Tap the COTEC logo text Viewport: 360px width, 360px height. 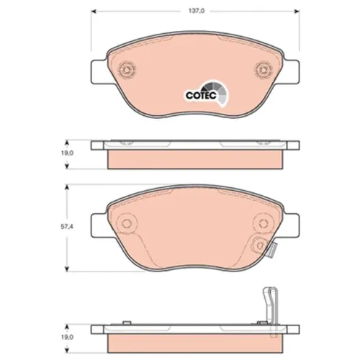point(201,95)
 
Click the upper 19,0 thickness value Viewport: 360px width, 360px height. point(67,153)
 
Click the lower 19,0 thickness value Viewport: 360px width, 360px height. point(67,337)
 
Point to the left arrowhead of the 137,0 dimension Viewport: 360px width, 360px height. point(94,11)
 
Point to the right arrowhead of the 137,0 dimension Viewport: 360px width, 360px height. point(297,11)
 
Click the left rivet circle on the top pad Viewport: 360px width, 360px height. point(127,70)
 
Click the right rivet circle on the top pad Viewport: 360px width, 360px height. point(264,70)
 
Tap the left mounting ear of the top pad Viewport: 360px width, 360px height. point(99,72)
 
